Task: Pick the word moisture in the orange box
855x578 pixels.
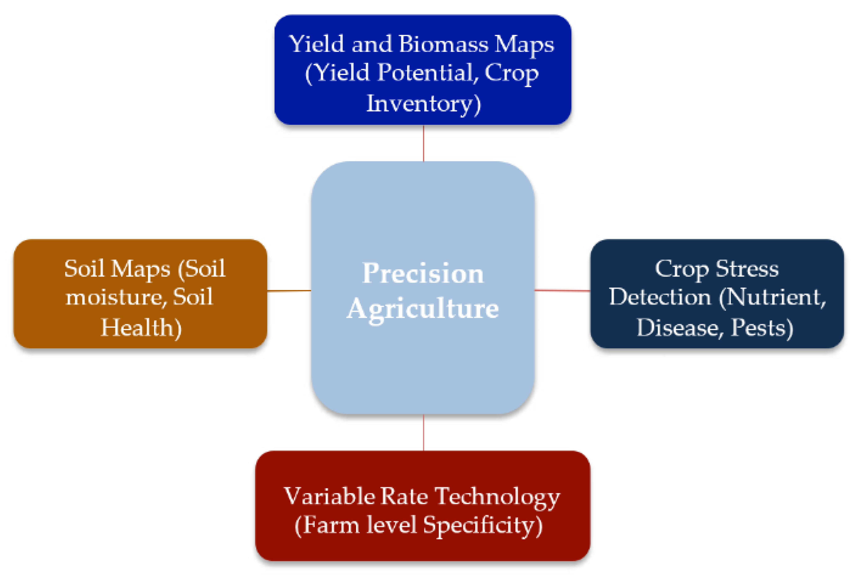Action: [x=114, y=297]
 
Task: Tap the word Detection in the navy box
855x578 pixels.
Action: [x=660, y=297]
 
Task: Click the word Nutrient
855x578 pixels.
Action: [x=772, y=297]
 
